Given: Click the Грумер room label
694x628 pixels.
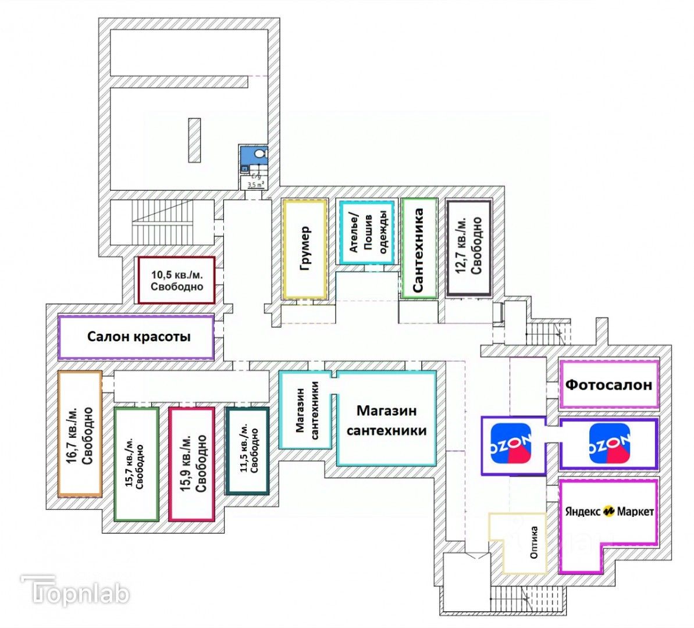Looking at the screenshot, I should [x=305, y=249].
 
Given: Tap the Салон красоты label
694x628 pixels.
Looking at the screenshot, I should [x=138, y=337].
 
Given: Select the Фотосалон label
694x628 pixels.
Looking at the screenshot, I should [x=608, y=384].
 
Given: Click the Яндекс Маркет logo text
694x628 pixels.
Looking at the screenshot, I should [x=609, y=511].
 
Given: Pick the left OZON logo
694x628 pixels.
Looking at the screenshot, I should [x=511, y=444].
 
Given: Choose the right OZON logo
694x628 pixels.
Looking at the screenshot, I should [x=609, y=444].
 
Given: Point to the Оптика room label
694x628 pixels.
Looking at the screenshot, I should [x=534, y=543].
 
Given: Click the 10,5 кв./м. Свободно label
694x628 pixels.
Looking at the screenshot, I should [x=177, y=280].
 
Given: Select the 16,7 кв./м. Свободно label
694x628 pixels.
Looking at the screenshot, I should [x=80, y=434].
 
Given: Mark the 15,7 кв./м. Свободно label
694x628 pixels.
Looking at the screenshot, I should [x=136, y=464].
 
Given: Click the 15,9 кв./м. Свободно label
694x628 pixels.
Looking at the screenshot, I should [x=193, y=463].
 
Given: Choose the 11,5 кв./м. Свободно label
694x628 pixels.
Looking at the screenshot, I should [x=247, y=449].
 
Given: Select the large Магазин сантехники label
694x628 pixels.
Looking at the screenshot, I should [x=386, y=420].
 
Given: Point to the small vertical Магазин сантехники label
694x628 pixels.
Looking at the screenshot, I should [x=307, y=409].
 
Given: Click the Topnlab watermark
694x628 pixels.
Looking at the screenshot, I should [x=76, y=592].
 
